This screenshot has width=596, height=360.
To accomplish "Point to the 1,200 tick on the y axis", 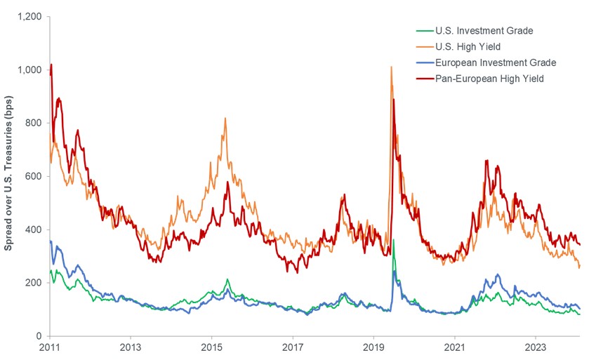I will [29, 16].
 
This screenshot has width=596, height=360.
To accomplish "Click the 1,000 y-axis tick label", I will [29, 69].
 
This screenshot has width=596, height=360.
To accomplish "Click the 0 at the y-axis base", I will [39, 336].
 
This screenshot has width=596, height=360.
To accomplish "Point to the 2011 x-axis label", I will [50, 347].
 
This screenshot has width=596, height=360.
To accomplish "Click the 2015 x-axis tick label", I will [212, 347].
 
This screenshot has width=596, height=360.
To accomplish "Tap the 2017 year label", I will [293, 347].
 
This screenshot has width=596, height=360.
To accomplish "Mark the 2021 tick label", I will [455, 347].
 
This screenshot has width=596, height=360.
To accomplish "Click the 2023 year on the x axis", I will [536, 347].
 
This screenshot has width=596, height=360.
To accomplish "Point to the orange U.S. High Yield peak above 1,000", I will [391, 67].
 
